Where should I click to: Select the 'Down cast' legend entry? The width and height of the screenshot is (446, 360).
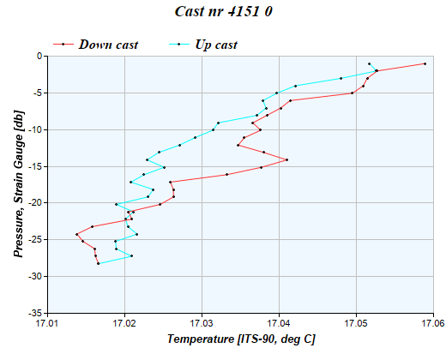click(108, 44)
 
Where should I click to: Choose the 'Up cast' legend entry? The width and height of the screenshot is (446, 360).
click(217, 44)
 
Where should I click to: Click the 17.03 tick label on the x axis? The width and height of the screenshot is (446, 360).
click(202, 324)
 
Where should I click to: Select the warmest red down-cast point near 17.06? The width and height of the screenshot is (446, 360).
click(425, 63)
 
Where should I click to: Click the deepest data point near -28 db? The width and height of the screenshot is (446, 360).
click(99, 263)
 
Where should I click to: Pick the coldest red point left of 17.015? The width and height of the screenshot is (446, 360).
click(77, 234)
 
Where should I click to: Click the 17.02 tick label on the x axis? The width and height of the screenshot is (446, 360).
click(124, 324)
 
